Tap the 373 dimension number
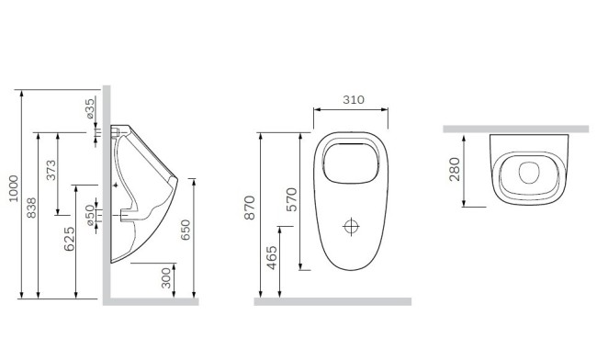pyautogui.click(x=51, y=172)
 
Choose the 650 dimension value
pyautogui.click(x=186, y=230)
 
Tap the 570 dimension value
pyautogui.click(x=292, y=199)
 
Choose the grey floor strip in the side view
pyautogui.click(x=152, y=300)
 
